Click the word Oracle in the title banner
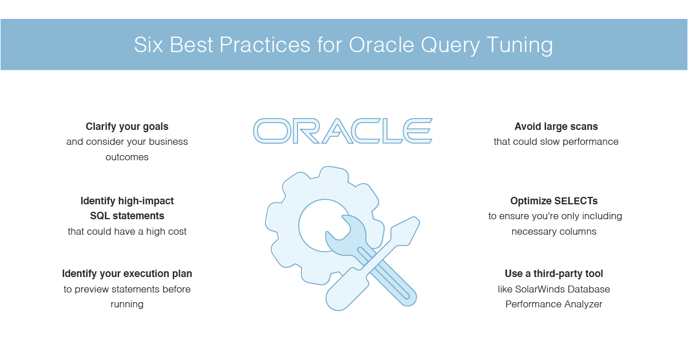point(381,45)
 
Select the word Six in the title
point(148,45)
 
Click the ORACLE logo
point(343,131)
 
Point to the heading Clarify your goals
point(127,126)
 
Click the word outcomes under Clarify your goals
point(127,157)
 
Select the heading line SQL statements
point(127,216)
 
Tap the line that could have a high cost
point(127,231)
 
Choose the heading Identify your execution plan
point(127,274)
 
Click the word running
point(127,304)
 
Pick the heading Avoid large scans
point(556,126)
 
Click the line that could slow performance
point(556,141)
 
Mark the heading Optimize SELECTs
point(554,201)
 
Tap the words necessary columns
point(554,231)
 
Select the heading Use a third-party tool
point(554,274)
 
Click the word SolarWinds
point(540,289)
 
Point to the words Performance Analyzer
point(554,304)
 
